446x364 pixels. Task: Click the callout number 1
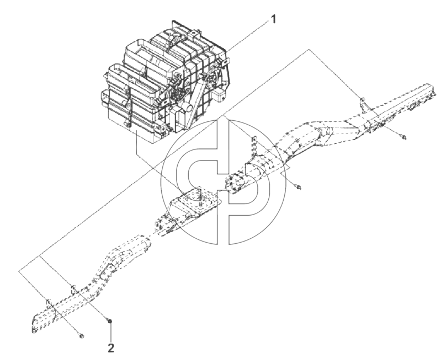(x=273, y=20)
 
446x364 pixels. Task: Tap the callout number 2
(x=111, y=348)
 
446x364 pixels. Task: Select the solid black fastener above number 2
(x=110, y=321)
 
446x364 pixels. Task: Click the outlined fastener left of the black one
(x=82, y=336)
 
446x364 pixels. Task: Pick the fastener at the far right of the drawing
(x=403, y=137)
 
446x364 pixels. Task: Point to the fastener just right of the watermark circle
(x=299, y=187)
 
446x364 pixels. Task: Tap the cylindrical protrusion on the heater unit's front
(x=188, y=108)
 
